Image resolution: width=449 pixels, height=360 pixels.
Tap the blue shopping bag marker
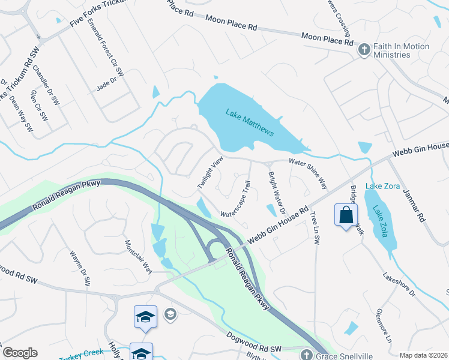pos(346,215)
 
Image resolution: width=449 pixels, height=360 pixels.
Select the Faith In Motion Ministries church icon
pos(363,50)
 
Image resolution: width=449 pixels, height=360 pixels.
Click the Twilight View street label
pos(210,173)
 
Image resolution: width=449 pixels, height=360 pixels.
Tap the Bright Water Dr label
pos(277,188)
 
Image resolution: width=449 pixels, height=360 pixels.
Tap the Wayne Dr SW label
pos(81,268)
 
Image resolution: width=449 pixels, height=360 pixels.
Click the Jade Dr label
pos(106,88)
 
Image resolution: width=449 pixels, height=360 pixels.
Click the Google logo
pos(20,353)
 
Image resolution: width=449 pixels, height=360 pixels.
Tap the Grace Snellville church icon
pos(307,355)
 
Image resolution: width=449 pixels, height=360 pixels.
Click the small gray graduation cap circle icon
pos(170,313)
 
